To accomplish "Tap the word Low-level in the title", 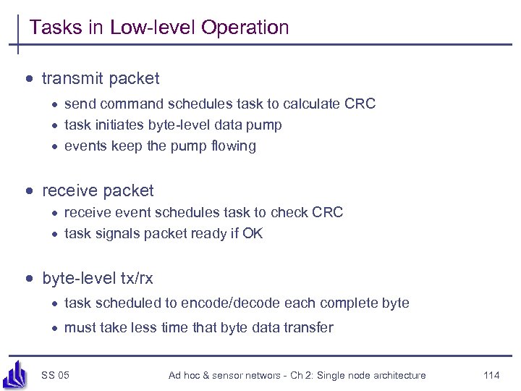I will point(153,28).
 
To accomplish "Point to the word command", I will point(126,104).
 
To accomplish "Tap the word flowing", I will point(231,146).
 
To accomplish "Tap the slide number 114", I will point(491,375).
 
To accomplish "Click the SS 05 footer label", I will point(55,375).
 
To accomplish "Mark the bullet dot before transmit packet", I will point(30,78).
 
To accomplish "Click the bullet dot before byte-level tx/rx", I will point(30,278).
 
